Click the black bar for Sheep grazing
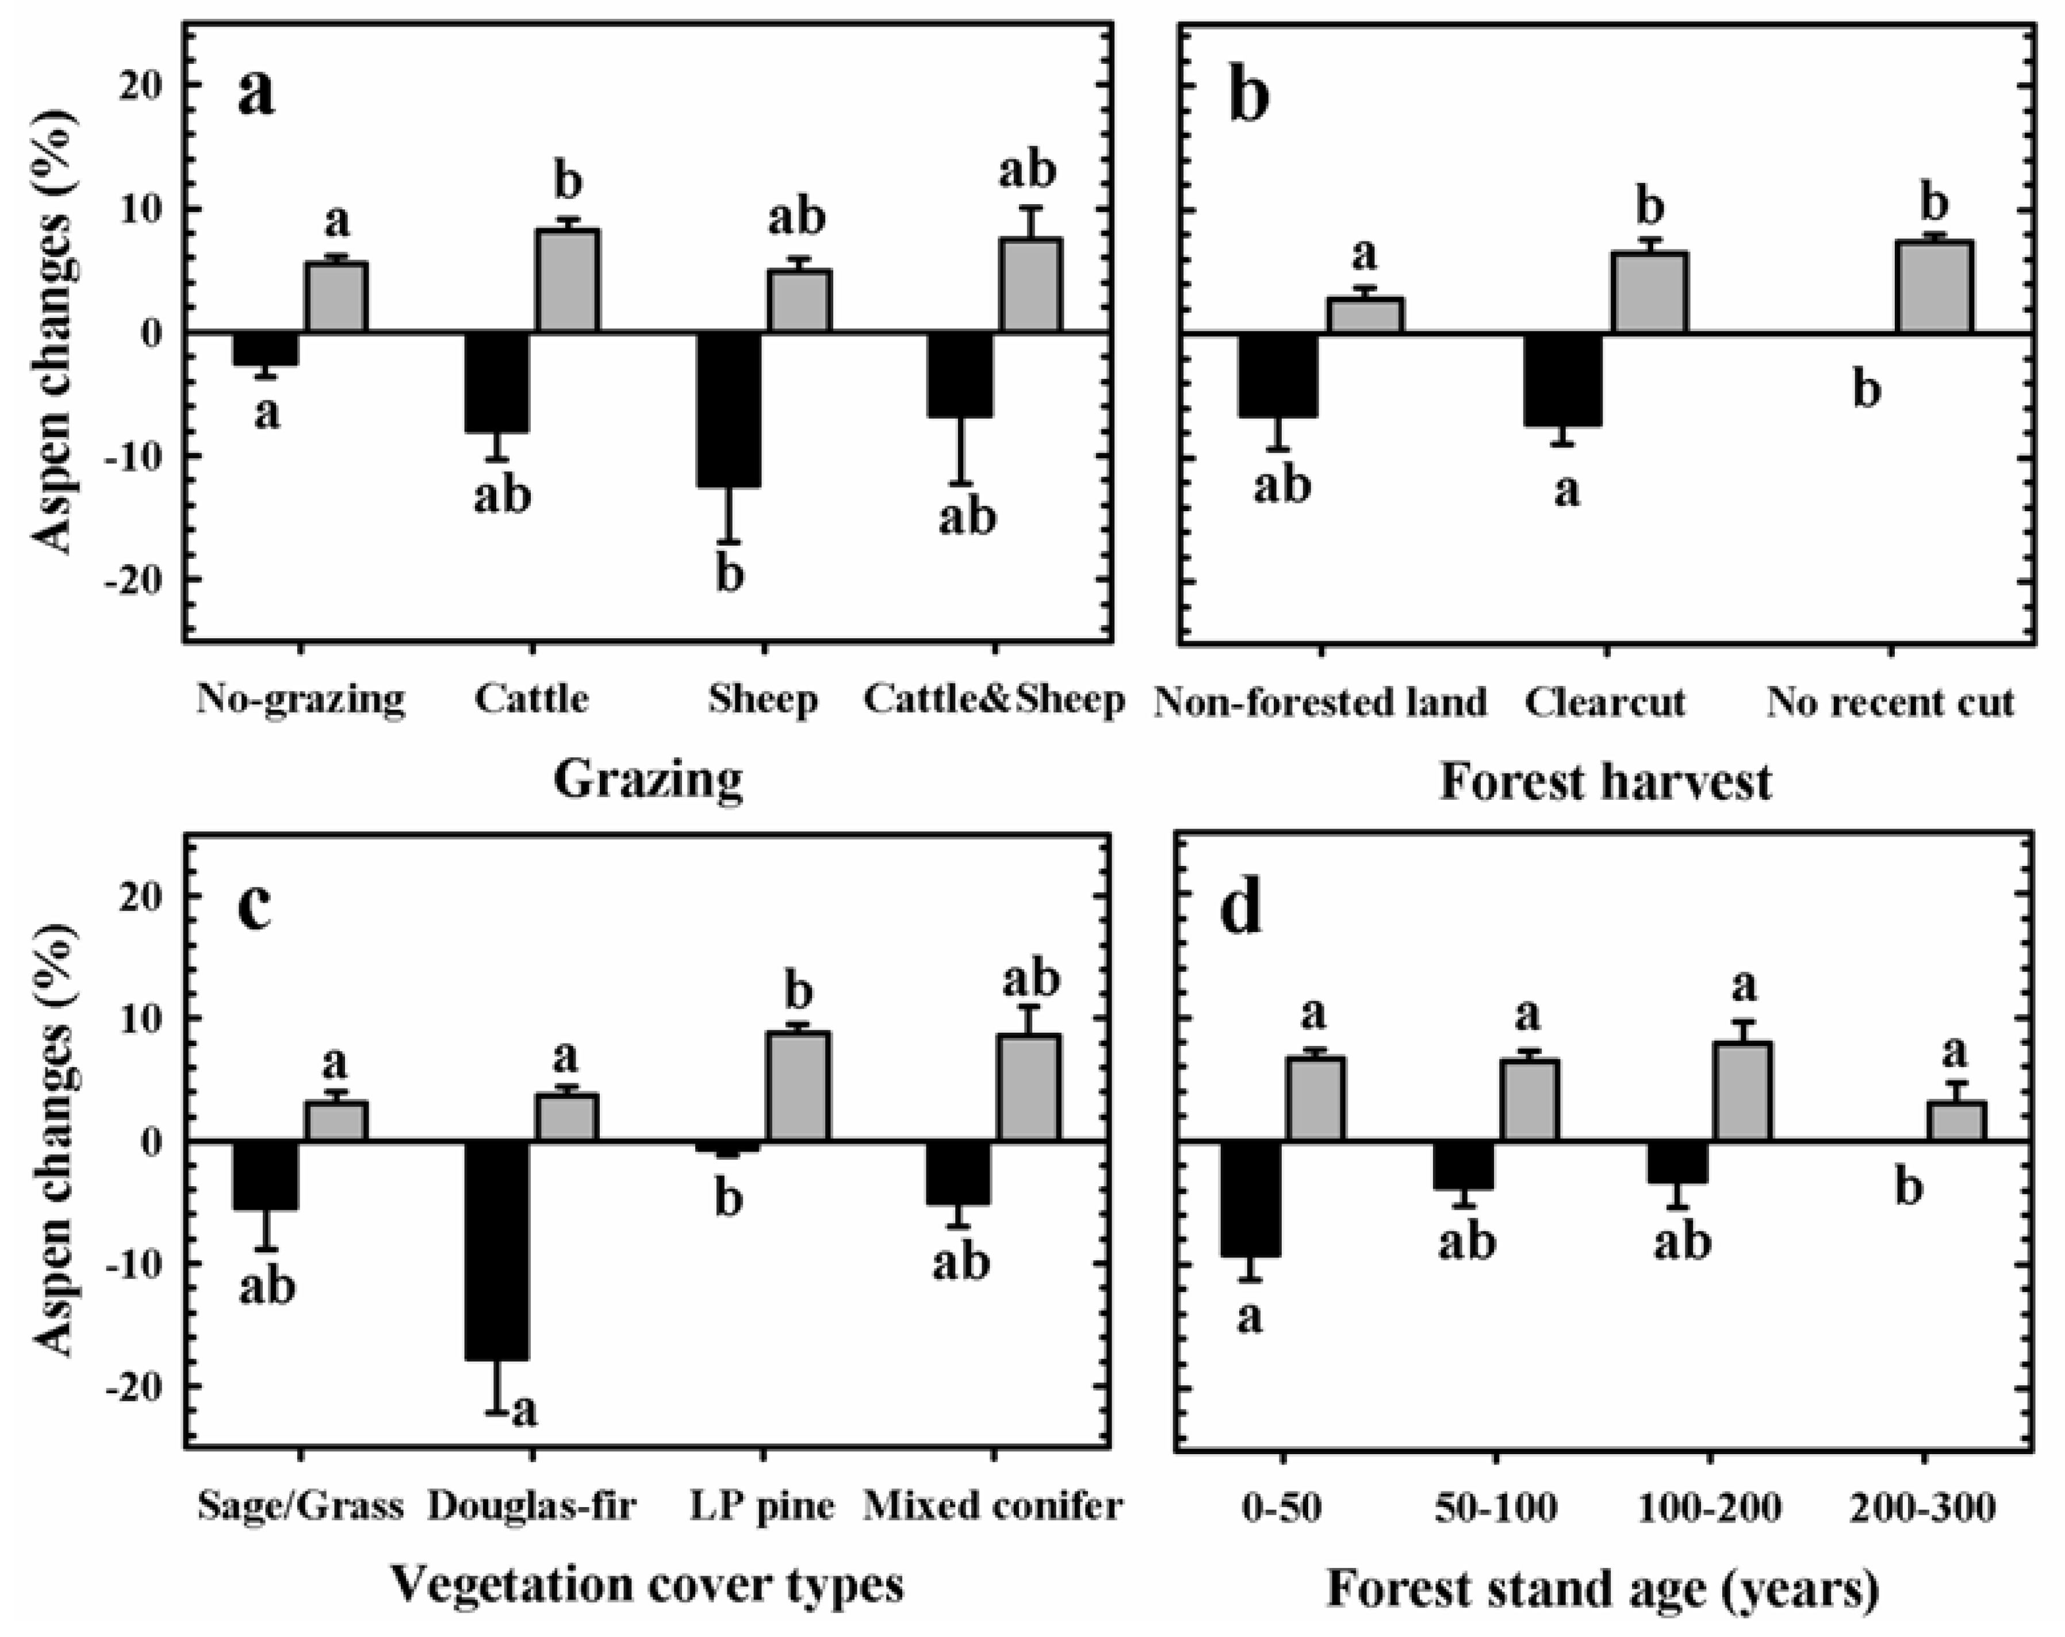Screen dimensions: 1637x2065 (729, 410)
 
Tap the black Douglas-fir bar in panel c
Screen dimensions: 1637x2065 (496, 1250)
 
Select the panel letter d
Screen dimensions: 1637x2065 (1242, 908)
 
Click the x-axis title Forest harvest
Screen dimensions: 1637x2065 (1606, 781)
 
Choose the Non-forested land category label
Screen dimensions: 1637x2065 (1320, 702)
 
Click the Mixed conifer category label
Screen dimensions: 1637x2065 (993, 1506)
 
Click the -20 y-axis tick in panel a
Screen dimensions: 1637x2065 (139, 581)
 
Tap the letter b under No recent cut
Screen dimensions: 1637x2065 (1867, 390)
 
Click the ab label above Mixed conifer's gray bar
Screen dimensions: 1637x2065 (1030, 980)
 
